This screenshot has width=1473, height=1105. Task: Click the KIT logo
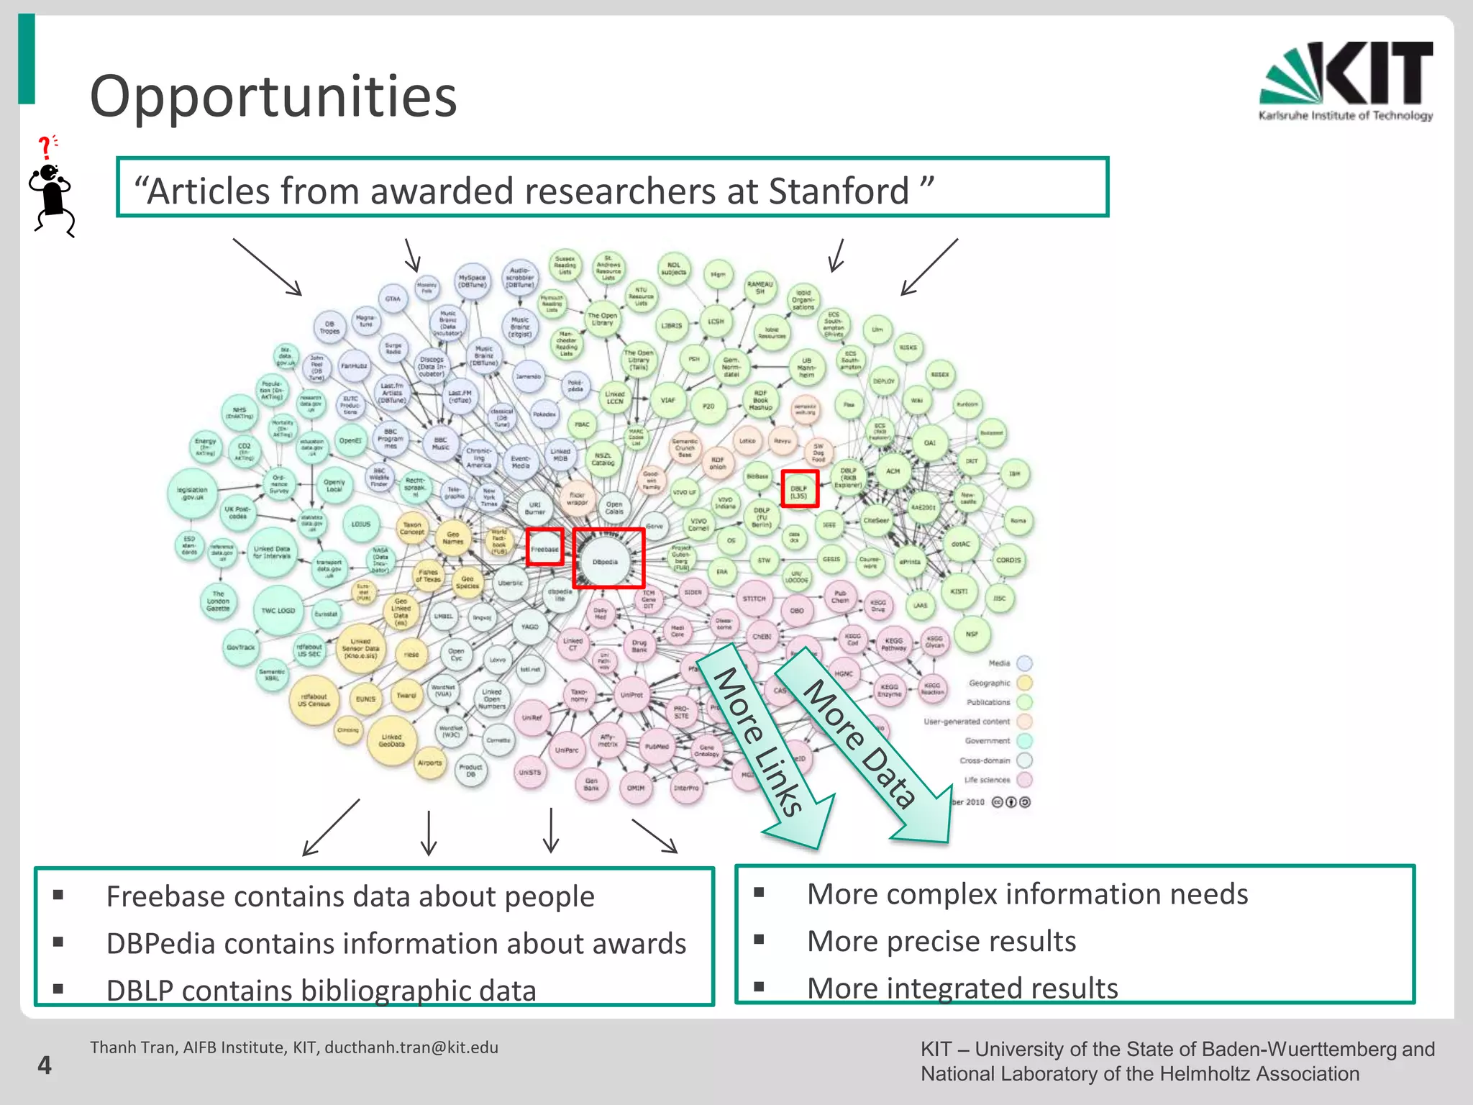1346,81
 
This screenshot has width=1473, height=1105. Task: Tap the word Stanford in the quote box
839,191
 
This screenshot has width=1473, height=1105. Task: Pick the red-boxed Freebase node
544,548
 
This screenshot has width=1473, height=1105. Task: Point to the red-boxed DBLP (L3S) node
799,489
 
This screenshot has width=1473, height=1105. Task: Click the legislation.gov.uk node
192,493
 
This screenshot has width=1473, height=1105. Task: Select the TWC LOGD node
278,610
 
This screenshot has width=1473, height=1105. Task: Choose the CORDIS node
1008,560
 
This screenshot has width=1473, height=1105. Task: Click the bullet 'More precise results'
941,941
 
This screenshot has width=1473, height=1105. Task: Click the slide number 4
45,1065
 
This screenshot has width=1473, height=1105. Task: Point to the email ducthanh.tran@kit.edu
411,1047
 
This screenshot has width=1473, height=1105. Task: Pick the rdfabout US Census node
314,699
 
